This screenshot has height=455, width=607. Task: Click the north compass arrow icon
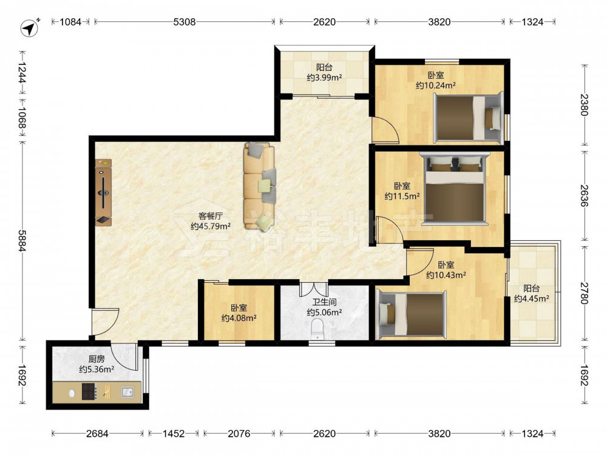click(x=29, y=29)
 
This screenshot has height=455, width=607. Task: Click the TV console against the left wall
click(x=103, y=192)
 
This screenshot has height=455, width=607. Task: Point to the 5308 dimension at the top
click(x=185, y=22)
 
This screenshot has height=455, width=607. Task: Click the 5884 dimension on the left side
click(x=21, y=241)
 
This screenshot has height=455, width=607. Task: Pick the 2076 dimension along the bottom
click(x=239, y=434)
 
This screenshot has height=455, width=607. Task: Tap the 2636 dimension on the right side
click(x=584, y=195)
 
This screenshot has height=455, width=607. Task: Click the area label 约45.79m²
click(x=211, y=226)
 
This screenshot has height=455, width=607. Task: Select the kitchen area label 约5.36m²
click(x=97, y=369)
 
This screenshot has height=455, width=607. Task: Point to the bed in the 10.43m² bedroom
click(x=411, y=313)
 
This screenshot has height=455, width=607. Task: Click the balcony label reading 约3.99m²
click(x=324, y=78)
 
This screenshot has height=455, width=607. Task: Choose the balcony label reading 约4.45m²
click(x=532, y=298)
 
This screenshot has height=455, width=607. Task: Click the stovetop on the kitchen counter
click(x=89, y=391)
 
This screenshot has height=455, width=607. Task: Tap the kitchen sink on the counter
click(x=127, y=392)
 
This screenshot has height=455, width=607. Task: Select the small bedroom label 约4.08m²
click(x=239, y=318)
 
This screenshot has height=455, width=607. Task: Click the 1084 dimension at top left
click(x=70, y=22)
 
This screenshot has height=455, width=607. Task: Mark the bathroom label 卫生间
click(x=324, y=302)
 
